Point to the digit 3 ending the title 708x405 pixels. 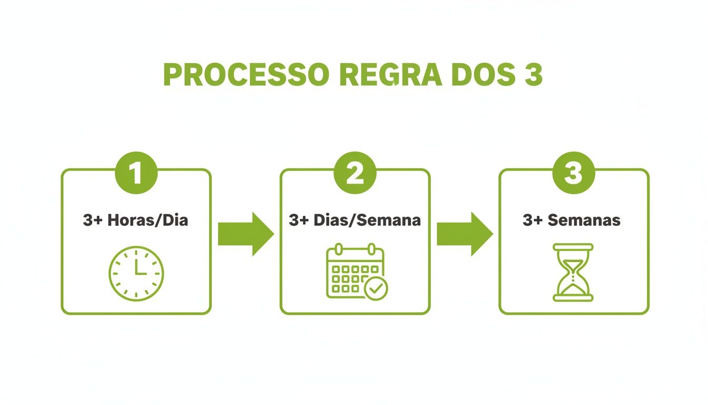click(533, 75)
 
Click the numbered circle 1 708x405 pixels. click(136, 173)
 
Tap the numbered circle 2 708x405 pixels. click(355, 173)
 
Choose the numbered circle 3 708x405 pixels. click(574, 173)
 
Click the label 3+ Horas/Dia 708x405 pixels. click(135, 220)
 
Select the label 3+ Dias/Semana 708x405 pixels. click(355, 220)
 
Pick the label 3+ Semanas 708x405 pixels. click(572, 220)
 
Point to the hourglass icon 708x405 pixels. click(573, 272)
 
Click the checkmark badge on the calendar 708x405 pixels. click(376, 288)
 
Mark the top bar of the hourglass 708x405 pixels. click(573, 246)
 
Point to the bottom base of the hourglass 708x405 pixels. click(573, 298)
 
